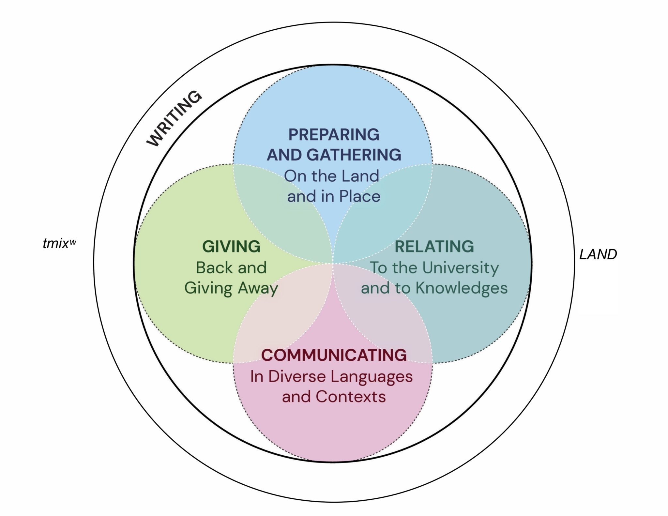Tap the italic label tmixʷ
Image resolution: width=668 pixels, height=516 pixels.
coord(59,243)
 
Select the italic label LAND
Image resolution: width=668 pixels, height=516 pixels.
coord(598,254)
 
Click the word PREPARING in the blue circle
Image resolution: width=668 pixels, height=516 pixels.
coord(334,134)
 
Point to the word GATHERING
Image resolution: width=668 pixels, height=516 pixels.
coord(354,155)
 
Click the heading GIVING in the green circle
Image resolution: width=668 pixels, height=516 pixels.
coord(231,246)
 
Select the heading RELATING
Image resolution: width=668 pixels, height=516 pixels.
coord(434,246)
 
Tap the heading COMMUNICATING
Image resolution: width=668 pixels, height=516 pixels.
coord(334,355)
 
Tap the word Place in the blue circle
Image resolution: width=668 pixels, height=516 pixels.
coord(360,196)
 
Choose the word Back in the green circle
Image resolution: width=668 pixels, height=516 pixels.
coord(210,268)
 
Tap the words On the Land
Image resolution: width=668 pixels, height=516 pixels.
coord(331,176)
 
